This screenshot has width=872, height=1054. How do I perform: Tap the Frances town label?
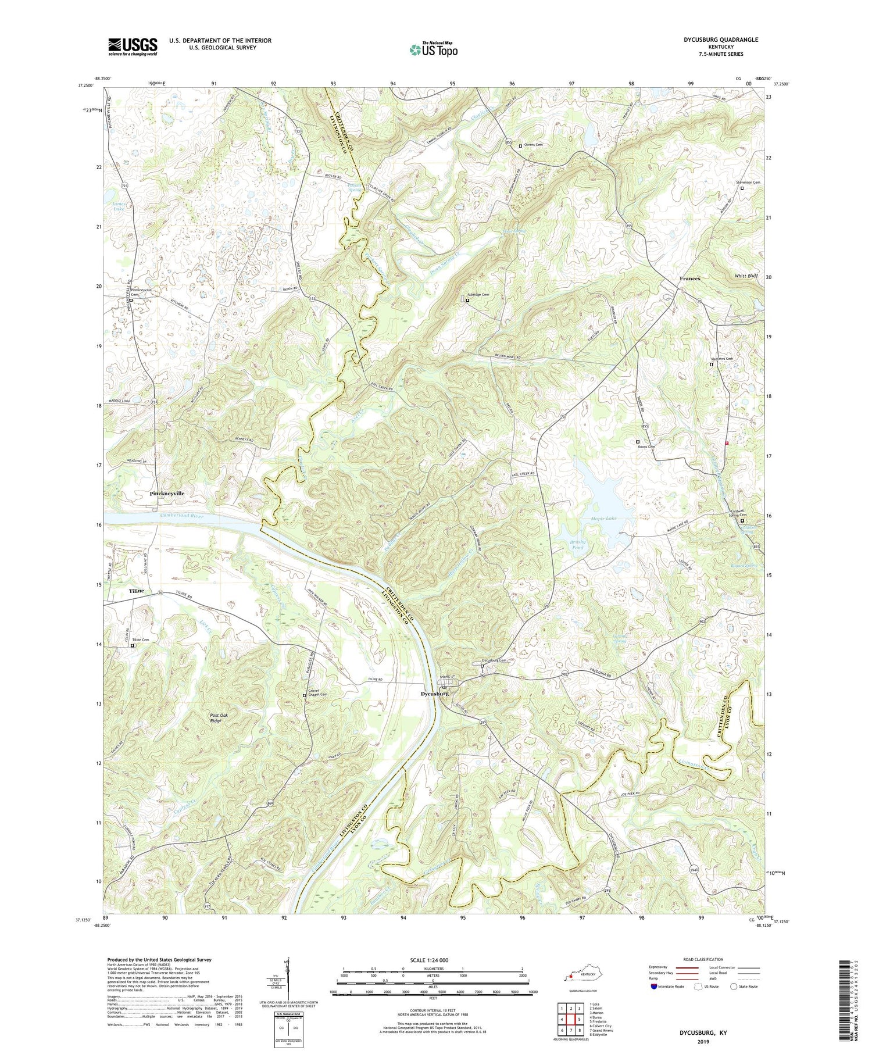point(689,278)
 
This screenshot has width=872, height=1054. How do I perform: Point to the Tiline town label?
point(136,590)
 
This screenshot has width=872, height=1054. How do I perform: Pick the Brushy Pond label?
point(577,544)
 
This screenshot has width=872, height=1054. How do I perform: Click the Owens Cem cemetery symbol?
point(520,146)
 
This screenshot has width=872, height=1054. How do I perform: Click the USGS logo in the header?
point(133,47)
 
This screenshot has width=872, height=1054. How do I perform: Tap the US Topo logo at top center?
point(433,49)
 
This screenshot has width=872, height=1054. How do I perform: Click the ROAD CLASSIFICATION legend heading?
point(703,959)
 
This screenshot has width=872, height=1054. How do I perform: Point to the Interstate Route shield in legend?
point(654,986)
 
